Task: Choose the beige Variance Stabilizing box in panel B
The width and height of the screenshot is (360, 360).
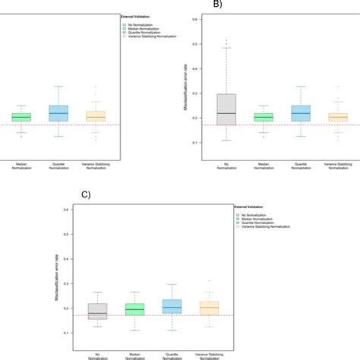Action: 338,117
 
